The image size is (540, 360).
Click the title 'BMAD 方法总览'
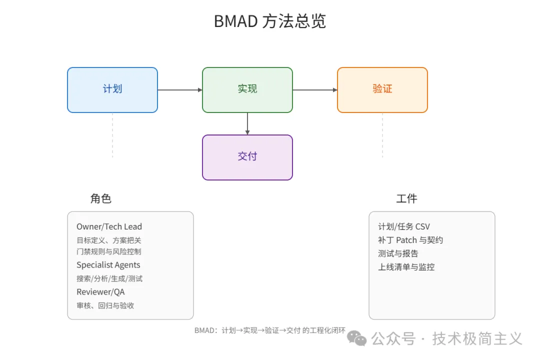click(269, 21)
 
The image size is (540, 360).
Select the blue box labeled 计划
click(112, 89)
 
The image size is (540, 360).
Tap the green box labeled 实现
click(247, 89)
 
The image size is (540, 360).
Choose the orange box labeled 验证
click(382, 89)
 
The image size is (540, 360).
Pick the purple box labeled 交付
click(247, 157)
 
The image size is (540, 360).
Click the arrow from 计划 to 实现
click(180, 90)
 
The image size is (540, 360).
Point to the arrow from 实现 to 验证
click(315, 90)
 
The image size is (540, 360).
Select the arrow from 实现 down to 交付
click(247, 123)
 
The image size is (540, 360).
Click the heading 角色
click(100, 198)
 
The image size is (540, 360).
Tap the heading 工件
click(406, 198)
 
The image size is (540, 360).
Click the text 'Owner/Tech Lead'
click(109, 226)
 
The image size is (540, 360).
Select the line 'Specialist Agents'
click(108, 265)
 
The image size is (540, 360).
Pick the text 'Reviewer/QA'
click(100, 292)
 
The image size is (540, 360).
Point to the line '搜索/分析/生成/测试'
click(109, 278)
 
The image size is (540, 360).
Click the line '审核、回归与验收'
click(105, 305)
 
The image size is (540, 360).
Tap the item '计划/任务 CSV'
click(404, 226)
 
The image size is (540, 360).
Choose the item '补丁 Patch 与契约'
click(410, 240)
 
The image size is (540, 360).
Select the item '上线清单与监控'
click(406, 267)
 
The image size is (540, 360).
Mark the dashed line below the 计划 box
click(112, 135)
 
